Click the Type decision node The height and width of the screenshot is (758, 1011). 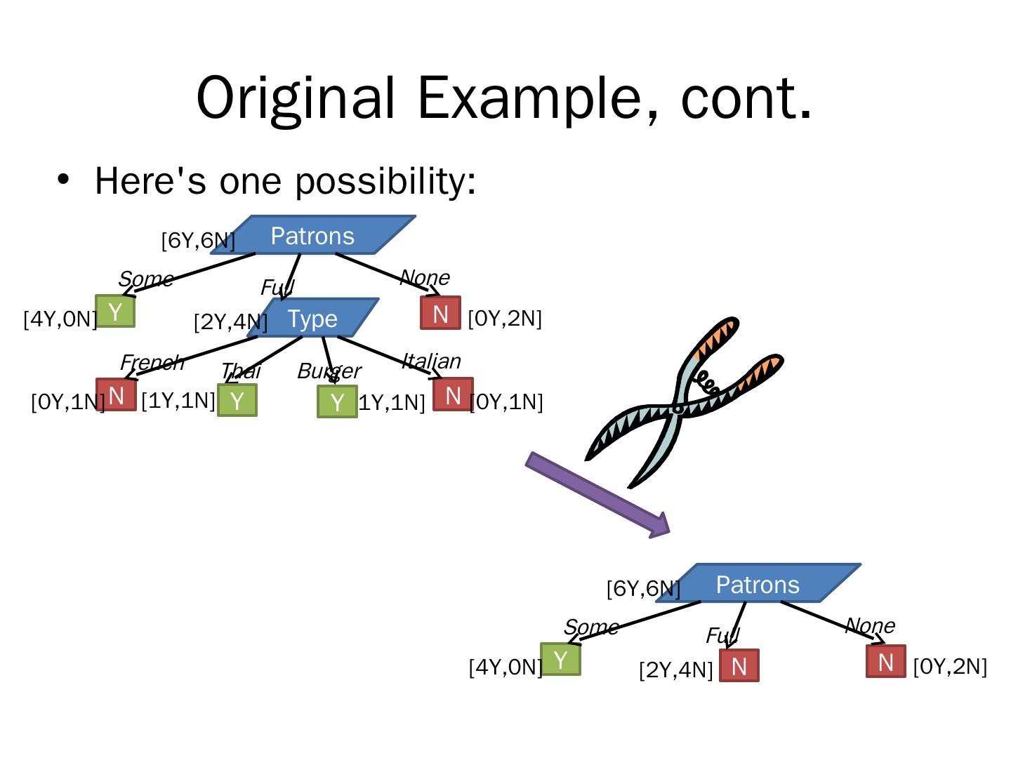coord(313,318)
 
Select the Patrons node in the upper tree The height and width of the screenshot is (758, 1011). coord(313,235)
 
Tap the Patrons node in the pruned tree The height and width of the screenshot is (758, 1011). coord(758,584)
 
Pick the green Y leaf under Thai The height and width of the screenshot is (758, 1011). coord(237,401)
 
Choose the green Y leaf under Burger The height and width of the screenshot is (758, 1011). coord(337,402)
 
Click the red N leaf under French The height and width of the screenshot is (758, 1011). coord(116,395)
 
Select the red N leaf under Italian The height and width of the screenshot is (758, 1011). coord(453,395)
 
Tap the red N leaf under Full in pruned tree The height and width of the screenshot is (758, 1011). coord(739,666)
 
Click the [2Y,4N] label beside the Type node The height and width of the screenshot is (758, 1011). coord(230,321)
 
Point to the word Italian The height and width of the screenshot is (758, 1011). coord(431,361)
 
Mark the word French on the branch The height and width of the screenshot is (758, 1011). coord(152,362)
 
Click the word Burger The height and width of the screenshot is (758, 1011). coord(329,371)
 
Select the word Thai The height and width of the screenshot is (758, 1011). coord(240,371)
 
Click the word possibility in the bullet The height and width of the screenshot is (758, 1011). coord(385,181)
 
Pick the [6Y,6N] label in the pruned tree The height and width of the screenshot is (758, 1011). coord(643,588)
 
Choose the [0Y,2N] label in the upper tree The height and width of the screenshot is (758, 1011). coord(505,318)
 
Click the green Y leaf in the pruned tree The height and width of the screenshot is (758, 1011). coord(560,660)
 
